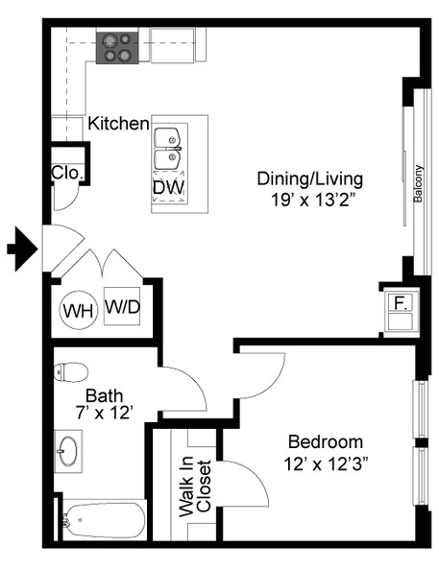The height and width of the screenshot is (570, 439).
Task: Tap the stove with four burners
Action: point(119,47)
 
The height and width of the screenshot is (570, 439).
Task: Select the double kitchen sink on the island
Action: point(168,149)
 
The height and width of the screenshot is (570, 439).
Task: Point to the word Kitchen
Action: point(118,124)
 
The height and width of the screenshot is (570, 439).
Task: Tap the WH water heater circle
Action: point(77,310)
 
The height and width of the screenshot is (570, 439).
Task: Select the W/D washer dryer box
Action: point(122,308)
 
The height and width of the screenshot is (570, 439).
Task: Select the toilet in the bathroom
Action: point(72,371)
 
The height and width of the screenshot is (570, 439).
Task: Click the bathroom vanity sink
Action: point(69,449)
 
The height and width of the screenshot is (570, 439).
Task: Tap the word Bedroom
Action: point(327,442)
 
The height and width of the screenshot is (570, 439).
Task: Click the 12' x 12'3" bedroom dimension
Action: point(327,463)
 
